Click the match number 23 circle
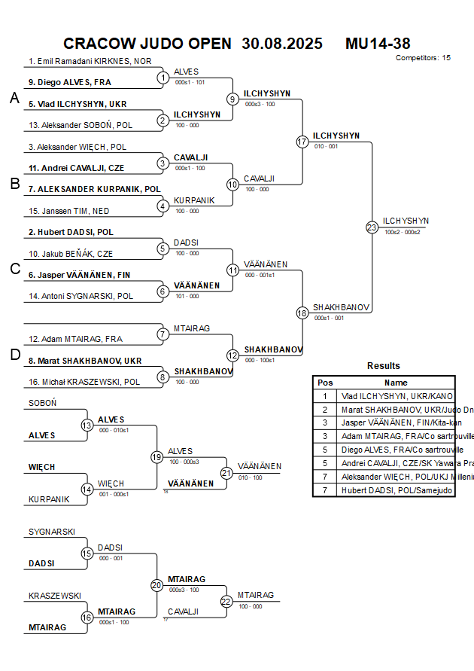(372, 227)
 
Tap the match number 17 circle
(302, 142)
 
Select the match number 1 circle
(163, 78)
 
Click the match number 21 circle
(226, 473)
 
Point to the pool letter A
(14, 98)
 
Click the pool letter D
(14, 355)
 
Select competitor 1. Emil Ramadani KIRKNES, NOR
(90, 61)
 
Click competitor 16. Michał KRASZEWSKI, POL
(84, 382)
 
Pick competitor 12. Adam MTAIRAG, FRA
(75, 339)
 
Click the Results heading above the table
(384, 366)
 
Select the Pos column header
(325, 383)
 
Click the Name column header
(396, 383)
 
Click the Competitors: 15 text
(423, 57)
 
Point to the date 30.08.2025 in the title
(282, 44)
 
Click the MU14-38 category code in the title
(378, 44)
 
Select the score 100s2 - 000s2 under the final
(403, 233)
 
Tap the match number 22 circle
(226, 601)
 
